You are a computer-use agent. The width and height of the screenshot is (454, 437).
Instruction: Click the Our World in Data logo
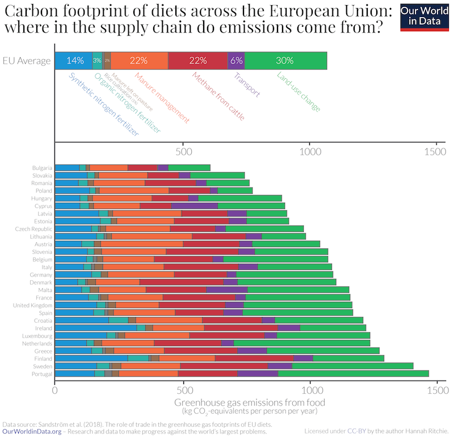coord(424,18)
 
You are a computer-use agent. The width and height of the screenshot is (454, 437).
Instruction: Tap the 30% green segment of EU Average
coord(285,61)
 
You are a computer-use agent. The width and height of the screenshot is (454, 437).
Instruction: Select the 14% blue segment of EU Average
coord(74,61)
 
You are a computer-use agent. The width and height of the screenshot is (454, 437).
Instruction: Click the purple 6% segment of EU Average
coord(236,61)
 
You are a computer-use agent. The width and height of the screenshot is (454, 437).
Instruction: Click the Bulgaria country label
coord(42,168)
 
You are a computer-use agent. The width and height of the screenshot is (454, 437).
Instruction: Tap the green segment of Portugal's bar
coord(353,374)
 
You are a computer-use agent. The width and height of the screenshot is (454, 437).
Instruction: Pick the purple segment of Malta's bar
coord(227,289)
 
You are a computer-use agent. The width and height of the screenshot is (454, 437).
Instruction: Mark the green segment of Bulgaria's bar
coord(189,168)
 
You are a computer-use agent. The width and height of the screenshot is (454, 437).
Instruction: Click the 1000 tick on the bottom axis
coord(310,391)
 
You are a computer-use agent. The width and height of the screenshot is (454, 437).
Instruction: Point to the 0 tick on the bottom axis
coord(54,391)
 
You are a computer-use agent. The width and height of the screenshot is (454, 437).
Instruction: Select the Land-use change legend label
coord(299,91)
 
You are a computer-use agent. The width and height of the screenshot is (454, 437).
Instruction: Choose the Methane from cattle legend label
coord(218,96)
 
